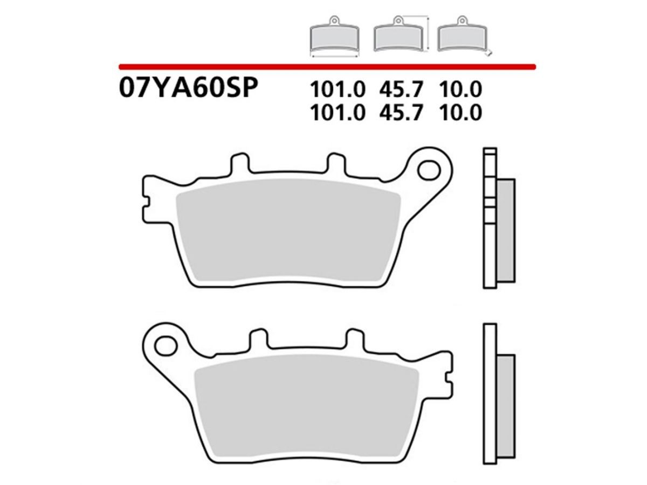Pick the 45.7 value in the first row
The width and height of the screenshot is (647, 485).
401,89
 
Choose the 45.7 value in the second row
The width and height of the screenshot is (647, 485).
401,113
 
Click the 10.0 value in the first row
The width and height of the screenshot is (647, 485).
460,89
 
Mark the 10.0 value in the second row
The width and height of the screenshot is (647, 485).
460,113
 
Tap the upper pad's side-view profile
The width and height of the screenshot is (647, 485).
499,221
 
